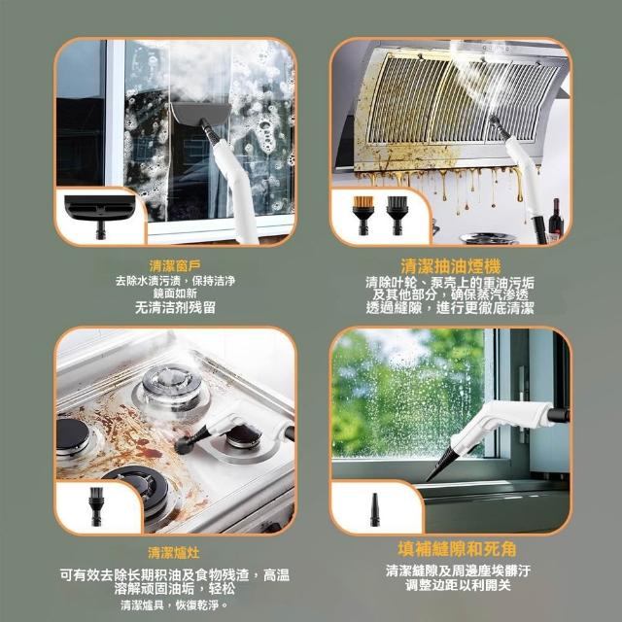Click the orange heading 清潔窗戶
175,265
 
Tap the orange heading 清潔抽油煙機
450,265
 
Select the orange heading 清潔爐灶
174,553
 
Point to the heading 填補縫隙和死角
457,549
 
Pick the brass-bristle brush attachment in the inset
363,215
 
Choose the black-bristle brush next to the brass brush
397,215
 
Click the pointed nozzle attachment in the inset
374,509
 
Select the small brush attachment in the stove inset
95,506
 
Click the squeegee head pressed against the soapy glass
201,113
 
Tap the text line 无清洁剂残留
175,307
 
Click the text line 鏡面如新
175,294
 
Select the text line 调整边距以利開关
458,585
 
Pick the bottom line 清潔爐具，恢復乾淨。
175,605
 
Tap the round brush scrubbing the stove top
184,446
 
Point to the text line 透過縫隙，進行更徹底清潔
450,308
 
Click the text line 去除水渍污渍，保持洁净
175,281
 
